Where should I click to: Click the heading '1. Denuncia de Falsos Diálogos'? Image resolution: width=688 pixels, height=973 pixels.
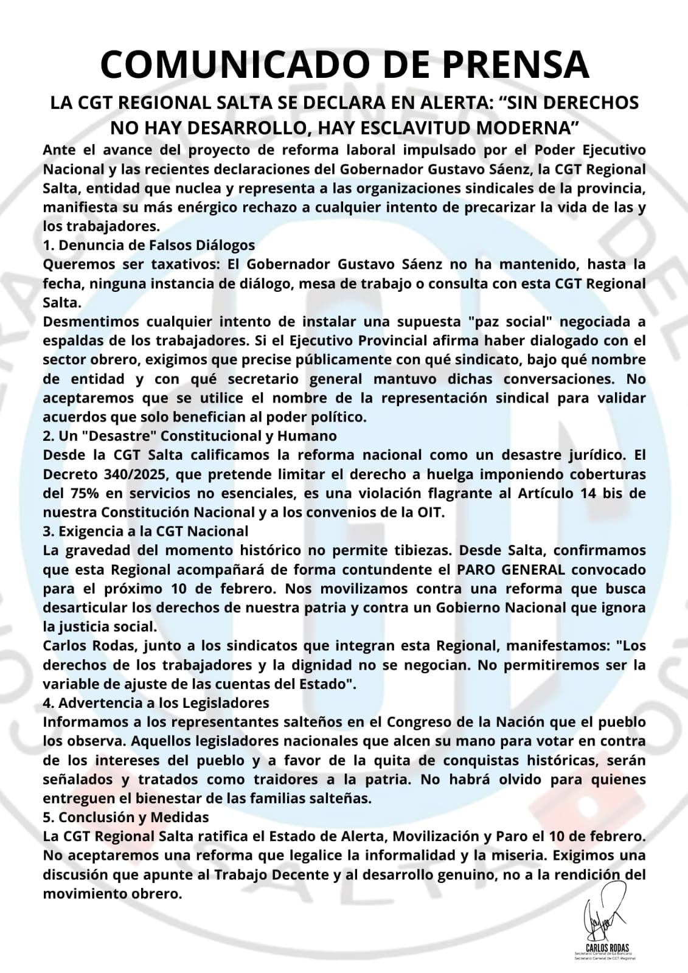coord(149,245)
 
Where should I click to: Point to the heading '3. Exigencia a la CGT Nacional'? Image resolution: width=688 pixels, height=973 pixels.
coord(145,531)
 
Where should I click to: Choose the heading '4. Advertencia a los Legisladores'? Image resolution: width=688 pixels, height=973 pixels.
coord(156,702)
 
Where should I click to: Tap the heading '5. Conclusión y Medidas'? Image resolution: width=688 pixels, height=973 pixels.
coord(126,817)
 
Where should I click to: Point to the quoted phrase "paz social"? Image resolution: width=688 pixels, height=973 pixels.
coord(515,321)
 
